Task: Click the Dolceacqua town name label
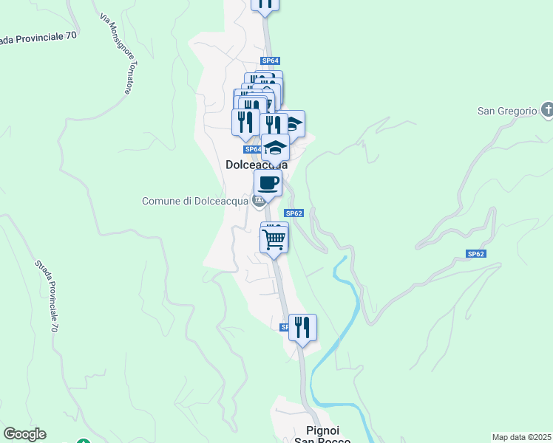click(256, 166)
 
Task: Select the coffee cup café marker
click(268, 183)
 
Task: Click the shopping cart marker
click(274, 239)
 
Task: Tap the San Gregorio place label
click(506, 111)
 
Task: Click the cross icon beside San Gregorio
click(547, 111)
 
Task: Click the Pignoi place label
click(322, 430)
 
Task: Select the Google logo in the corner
click(24, 434)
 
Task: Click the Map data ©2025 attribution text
click(521, 437)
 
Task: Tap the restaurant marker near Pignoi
click(302, 327)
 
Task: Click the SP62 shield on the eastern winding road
click(475, 253)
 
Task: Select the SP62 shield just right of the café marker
click(294, 213)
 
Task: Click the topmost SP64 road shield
click(270, 61)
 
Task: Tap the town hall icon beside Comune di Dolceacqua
click(259, 200)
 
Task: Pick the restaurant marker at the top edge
click(265, 4)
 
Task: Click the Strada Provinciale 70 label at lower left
click(46, 295)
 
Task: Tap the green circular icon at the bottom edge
click(84, 442)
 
